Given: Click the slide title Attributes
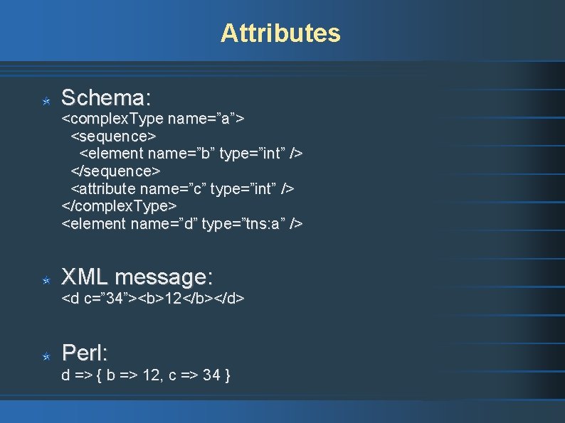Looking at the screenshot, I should tap(280, 33).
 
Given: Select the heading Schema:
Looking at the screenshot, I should tap(106, 97).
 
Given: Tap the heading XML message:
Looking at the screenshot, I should tap(137, 277).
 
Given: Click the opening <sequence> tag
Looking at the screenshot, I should tap(113, 135).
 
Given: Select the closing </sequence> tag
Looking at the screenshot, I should tap(115, 171).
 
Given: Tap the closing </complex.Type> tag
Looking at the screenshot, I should tap(119, 206).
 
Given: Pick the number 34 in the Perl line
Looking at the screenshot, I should tap(211, 375).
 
